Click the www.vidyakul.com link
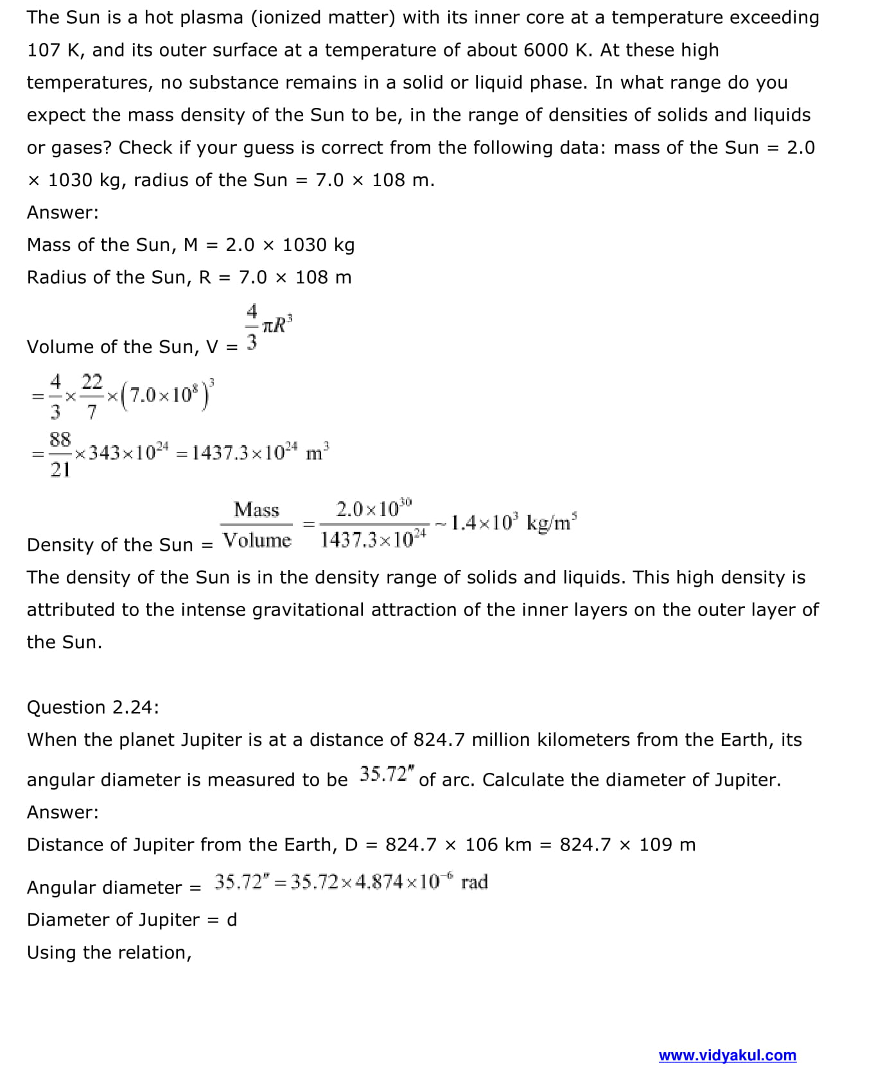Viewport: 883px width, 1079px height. (727, 1055)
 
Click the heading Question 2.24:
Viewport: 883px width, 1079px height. (92, 707)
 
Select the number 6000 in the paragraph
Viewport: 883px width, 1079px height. (546, 50)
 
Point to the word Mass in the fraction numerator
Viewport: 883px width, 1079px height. (257, 510)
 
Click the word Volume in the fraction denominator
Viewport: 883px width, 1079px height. (257, 540)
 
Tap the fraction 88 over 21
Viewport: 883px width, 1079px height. (60, 454)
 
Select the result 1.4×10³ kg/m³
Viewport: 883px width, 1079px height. (513, 522)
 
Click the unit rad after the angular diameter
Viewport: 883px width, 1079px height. (475, 882)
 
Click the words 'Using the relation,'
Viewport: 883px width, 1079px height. (109, 953)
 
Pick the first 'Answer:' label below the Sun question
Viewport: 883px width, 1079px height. (63, 212)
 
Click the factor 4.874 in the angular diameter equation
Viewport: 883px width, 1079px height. (380, 882)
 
